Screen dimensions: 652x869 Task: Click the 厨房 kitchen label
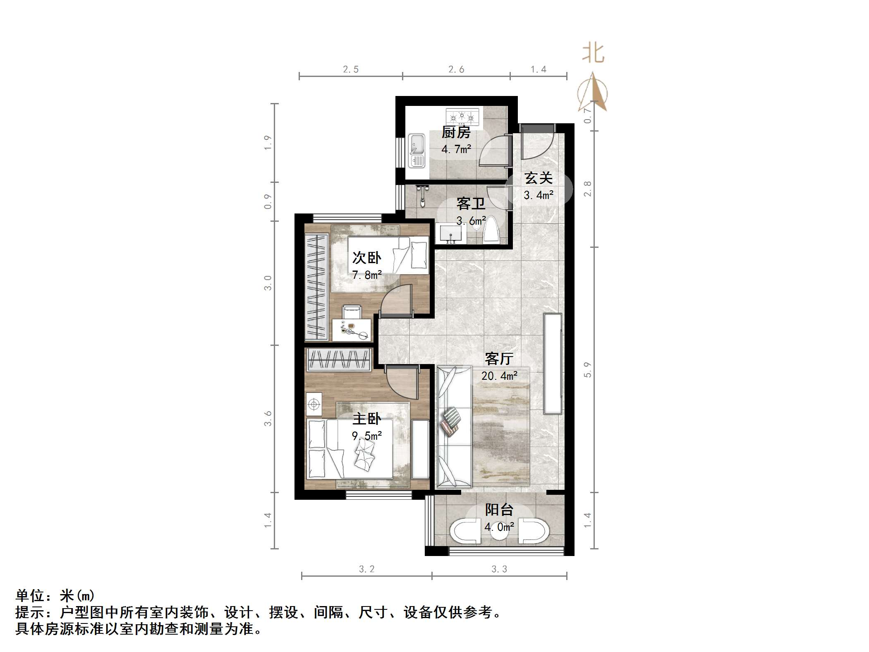click(456, 132)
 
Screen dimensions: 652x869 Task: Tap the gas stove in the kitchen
click(462, 117)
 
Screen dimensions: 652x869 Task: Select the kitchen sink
click(417, 151)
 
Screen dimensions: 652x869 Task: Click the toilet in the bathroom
click(492, 230)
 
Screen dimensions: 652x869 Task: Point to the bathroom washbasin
click(450, 235)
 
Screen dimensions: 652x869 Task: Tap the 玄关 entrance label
click(539, 178)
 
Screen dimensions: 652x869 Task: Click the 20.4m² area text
click(499, 376)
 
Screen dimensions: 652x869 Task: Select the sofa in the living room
click(454, 426)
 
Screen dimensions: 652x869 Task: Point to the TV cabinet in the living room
click(553, 363)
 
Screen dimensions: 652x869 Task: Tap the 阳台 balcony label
click(499, 510)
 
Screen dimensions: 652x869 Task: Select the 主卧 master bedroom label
click(366, 419)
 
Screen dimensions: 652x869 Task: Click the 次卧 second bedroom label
click(366, 258)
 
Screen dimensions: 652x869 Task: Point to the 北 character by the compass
click(593, 54)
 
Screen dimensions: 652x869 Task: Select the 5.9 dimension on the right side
click(587, 369)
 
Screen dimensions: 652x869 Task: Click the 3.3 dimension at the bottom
click(499, 569)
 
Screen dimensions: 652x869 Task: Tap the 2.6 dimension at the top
click(456, 70)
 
